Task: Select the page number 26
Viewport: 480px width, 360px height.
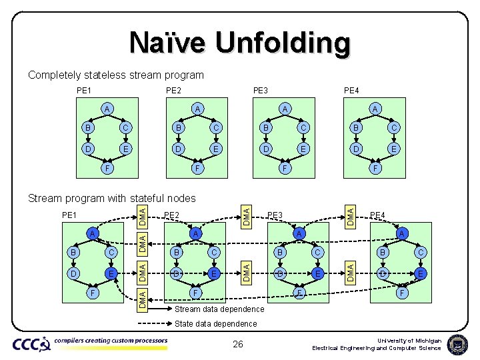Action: coord(238,344)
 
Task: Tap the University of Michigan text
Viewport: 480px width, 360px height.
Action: coord(409,340)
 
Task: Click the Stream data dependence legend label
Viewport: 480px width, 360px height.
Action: coord(219,310)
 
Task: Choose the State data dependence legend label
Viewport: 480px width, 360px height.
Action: coord(215,324)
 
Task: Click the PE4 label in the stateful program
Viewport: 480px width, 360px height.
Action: coord(377,215)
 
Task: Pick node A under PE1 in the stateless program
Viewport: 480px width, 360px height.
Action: coord(107,109)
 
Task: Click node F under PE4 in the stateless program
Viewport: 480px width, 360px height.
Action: coord(375,169)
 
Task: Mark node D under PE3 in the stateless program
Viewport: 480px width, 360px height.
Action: coord(266,149)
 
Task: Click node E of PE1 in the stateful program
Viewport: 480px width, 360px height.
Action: coord(112,273)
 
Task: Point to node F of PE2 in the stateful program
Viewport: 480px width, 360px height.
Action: coord(196,292)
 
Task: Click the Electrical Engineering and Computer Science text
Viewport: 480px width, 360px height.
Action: coord(377,348)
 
